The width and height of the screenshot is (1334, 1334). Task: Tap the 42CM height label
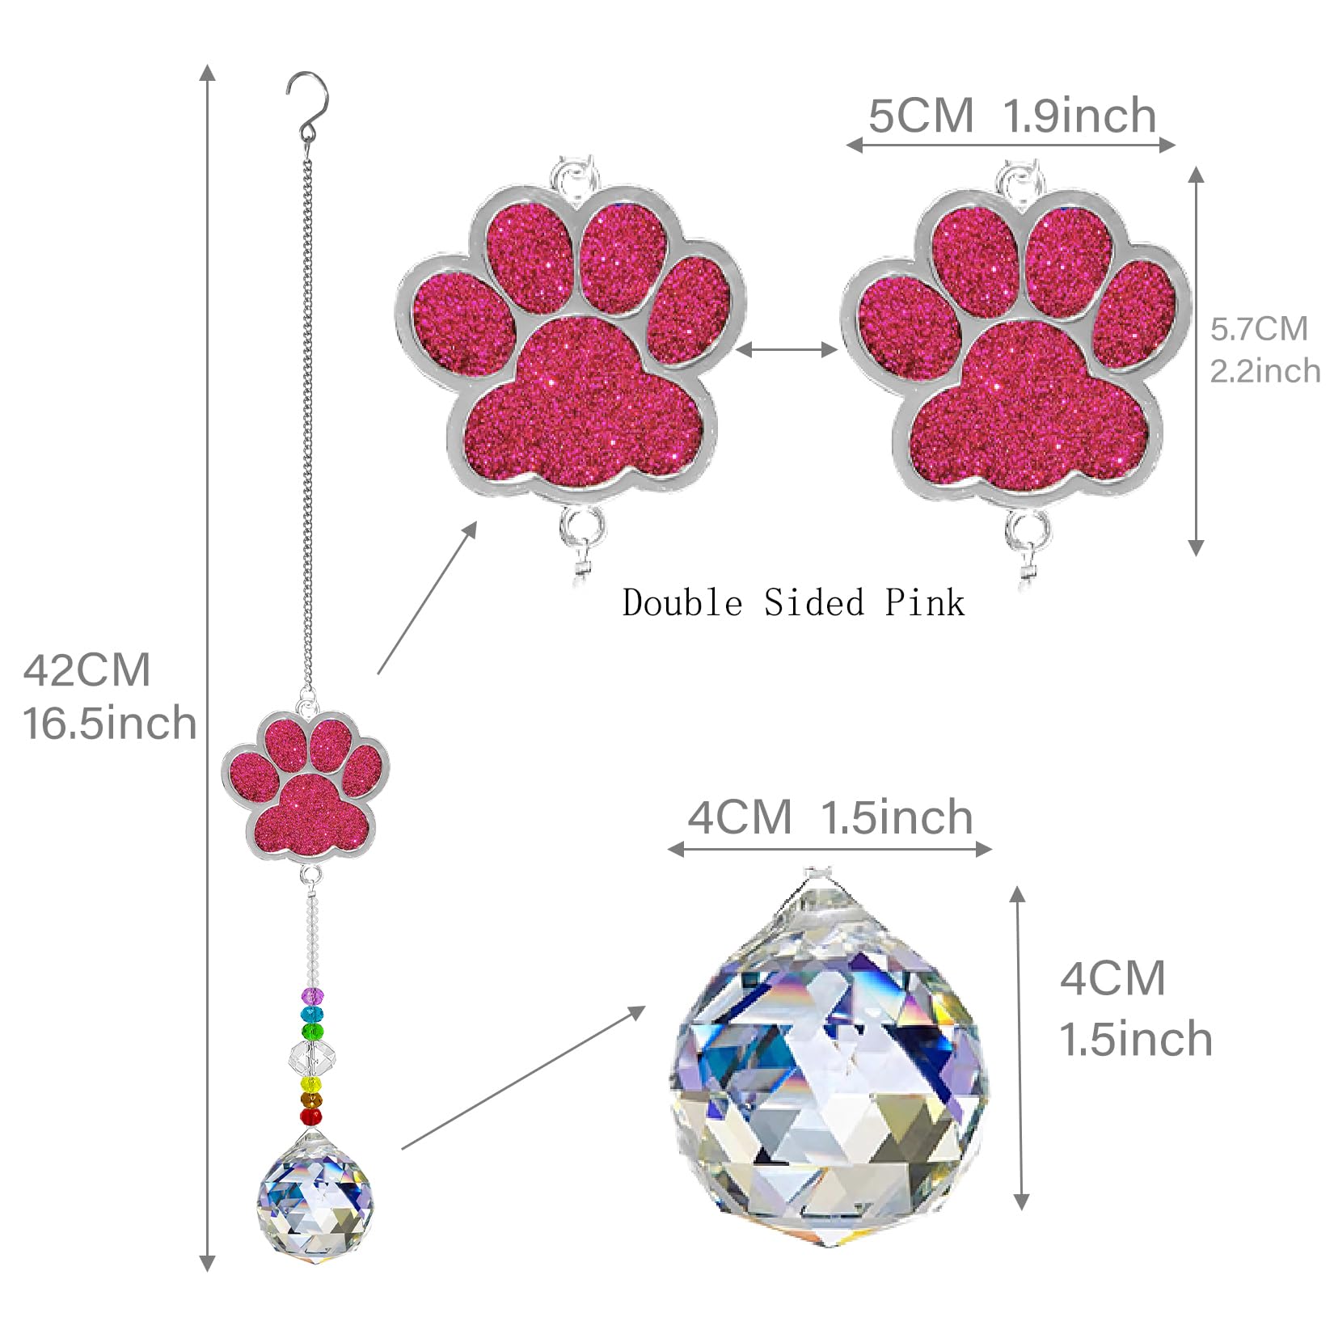pyautogui.click(x=87, y=670)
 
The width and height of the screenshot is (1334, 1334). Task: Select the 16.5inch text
pyautogui.click(x=110, y=723)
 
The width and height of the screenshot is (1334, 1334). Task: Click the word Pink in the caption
pyautogui.click(x=924, y=603)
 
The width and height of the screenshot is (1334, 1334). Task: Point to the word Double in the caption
pyautogui.click(x=682, y=603)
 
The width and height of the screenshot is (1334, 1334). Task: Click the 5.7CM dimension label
pyautogui.click(x=1259, y=329)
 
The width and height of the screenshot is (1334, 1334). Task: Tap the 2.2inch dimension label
pyautogui.click(x=1265, y=370)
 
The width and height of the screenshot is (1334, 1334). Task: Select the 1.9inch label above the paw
pyautogui.click(x=1080, y=116)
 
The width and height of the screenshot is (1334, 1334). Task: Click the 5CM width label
pyautogui.click(x=921, y=116)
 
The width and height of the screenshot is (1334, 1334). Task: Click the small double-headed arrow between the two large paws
pyautogui.click(x=787, y=349)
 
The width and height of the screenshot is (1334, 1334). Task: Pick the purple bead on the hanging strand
pyautogui.click(x=312, y=995)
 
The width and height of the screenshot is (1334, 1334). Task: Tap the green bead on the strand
pyautogui.click(x=312, y=1032)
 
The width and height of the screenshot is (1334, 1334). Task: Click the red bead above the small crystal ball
pyautogui.click(x=311, y=1117)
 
